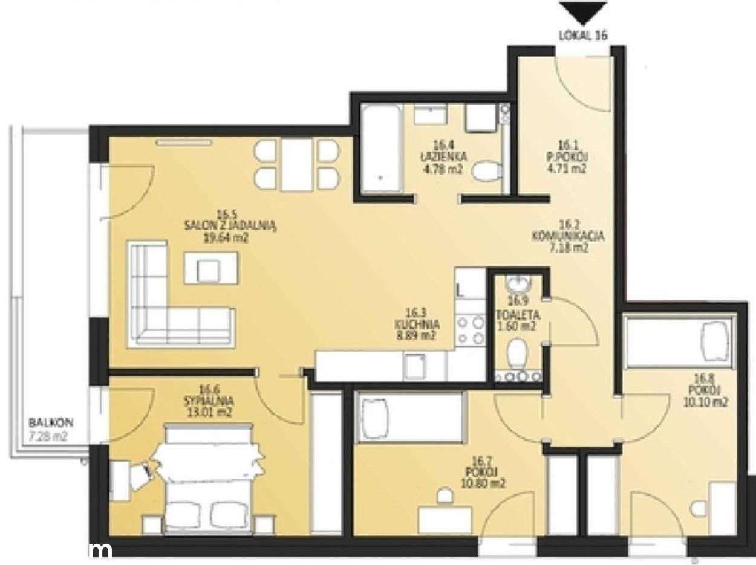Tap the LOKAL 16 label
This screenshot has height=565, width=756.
pyautogui.click(x=582, y=35)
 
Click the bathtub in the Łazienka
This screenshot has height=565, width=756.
pyautogui.click(x=381, y=148)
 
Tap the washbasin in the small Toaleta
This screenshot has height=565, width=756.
pyautogui.click(x=517, y=284)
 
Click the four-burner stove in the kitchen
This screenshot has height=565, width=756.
pyautogui.click(x=471, y=331)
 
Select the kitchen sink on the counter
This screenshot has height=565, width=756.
pyautogui.click(x=415, y=366)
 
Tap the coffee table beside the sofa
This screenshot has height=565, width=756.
pyautogui.click(x=210, y=268)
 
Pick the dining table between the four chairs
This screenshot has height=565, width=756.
pyautogui.click(x=296, y=164)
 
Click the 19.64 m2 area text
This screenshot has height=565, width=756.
pyautogui.click(x=227, y=237)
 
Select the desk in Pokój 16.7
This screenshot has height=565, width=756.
pyautogui.click(x=445, y=519)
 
